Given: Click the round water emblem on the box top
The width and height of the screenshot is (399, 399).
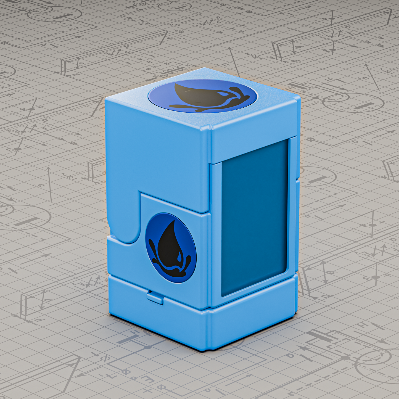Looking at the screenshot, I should click(203, 96).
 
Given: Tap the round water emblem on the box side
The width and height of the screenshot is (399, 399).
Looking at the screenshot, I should click(171, 248).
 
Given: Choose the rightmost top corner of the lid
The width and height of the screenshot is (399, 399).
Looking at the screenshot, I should click(299, 98).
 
